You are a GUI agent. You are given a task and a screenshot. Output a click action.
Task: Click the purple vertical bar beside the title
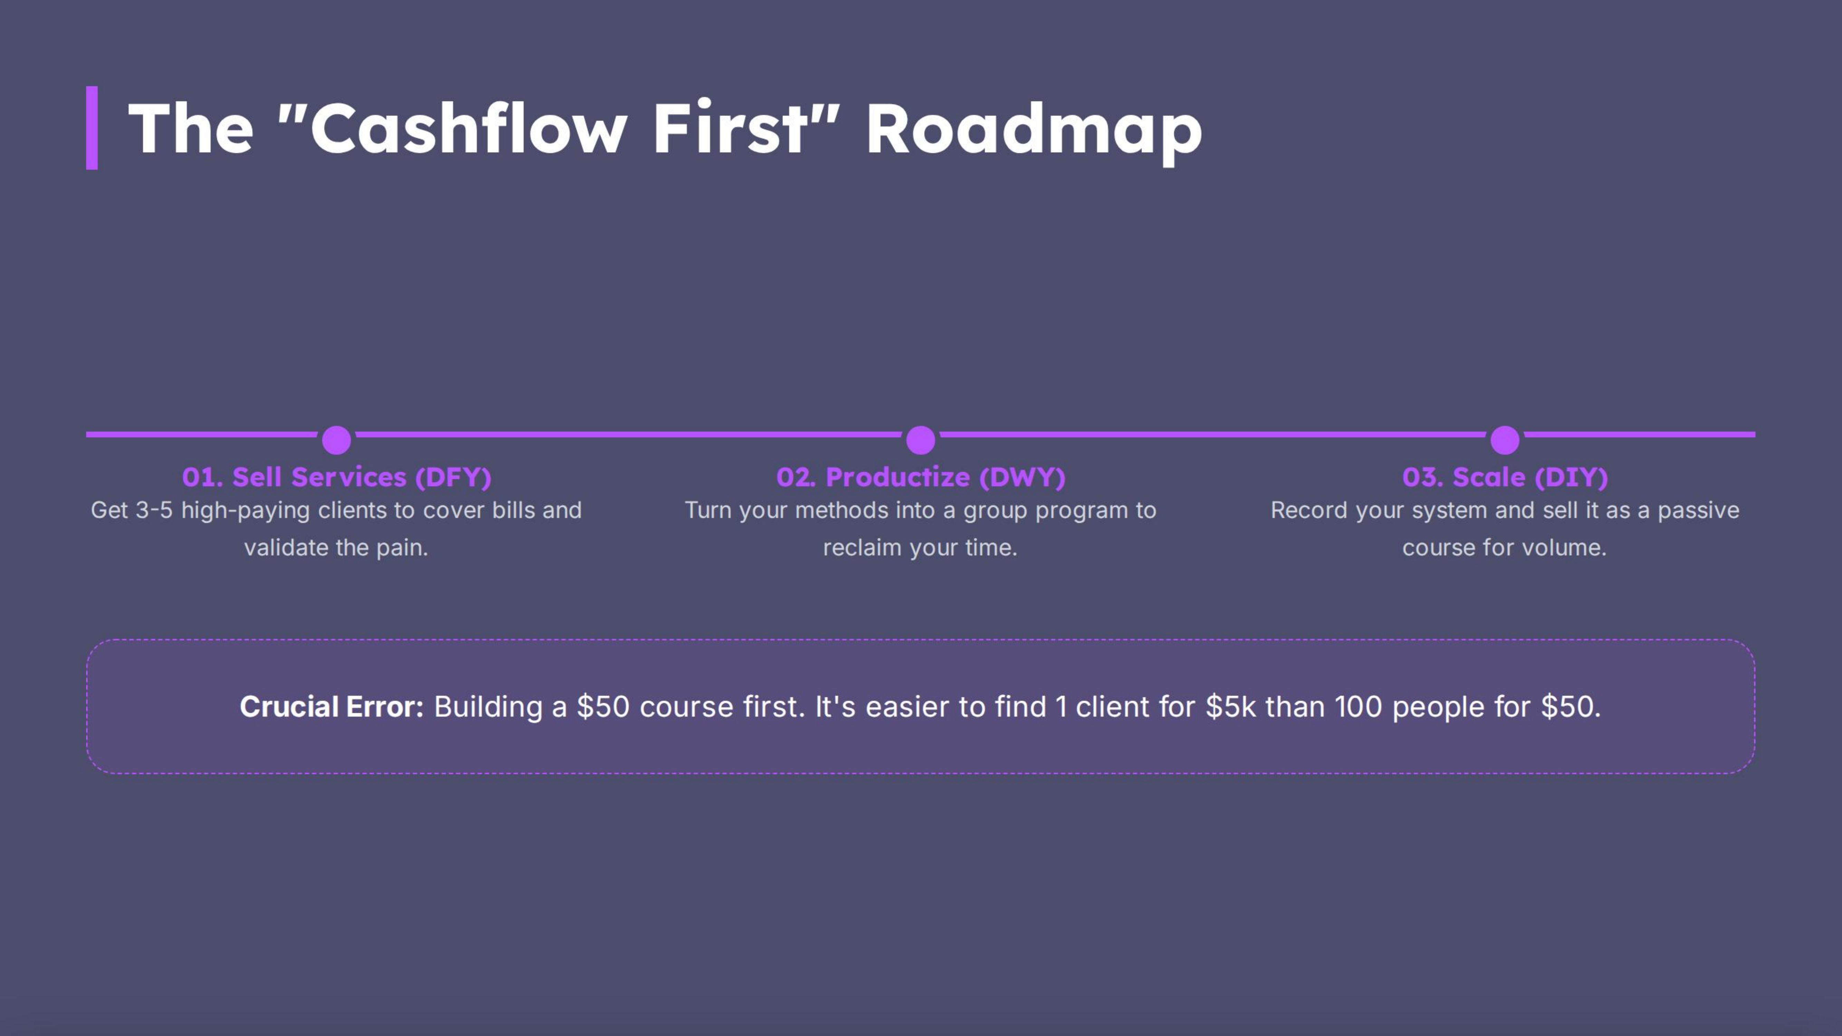pos(92,128)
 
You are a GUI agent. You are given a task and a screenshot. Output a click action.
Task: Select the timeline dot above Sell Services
pos(336,440)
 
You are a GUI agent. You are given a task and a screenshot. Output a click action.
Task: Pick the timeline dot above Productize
pos(920,440)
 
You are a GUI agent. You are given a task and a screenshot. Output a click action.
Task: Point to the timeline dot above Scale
pos(1505,440)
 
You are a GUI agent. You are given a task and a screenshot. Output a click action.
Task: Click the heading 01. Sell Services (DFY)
pos(336,477)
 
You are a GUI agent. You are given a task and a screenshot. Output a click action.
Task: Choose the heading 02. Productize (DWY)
pos(920,477)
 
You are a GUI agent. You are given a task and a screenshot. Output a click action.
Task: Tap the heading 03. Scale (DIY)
pos(1505,477)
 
